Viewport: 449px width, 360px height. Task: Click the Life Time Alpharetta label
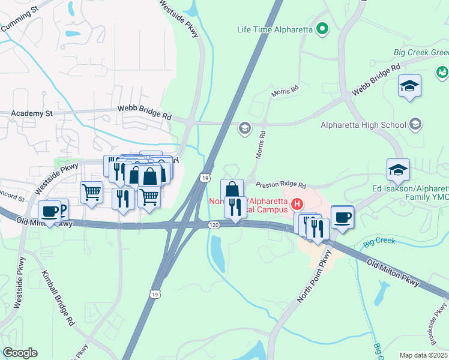275,29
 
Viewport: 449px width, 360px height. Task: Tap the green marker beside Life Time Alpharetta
322,28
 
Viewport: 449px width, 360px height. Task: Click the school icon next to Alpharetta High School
415,125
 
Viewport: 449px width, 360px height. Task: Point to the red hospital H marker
297,205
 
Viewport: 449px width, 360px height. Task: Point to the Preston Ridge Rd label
281,185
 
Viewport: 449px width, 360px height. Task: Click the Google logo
20,353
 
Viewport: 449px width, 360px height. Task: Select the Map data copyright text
424,355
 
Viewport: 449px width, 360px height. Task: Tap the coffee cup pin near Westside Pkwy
50,211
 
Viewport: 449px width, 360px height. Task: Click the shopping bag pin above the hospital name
232,189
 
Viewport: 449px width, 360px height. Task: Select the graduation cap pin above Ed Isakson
398,170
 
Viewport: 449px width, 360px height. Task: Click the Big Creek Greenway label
421,53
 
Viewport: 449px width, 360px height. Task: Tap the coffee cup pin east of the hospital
342,217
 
